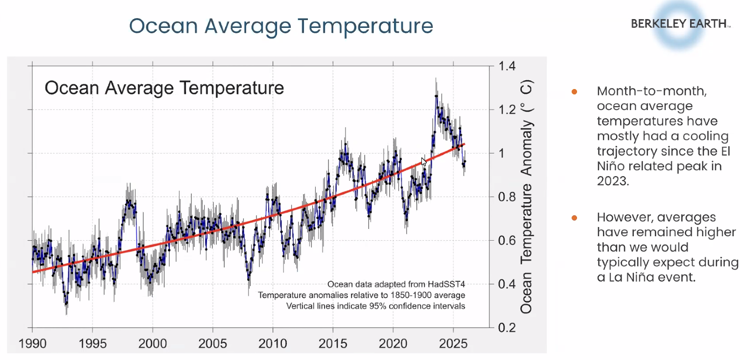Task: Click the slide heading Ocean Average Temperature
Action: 281,25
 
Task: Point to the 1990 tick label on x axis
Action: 32,343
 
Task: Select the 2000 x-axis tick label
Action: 153,343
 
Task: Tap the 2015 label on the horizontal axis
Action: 333,343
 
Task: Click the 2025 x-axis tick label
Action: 453,343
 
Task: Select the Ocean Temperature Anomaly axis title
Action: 527,196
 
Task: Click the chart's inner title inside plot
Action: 164,88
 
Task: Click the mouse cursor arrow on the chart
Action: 424,162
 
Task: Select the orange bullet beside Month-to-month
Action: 575,91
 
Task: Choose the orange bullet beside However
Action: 575,218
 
